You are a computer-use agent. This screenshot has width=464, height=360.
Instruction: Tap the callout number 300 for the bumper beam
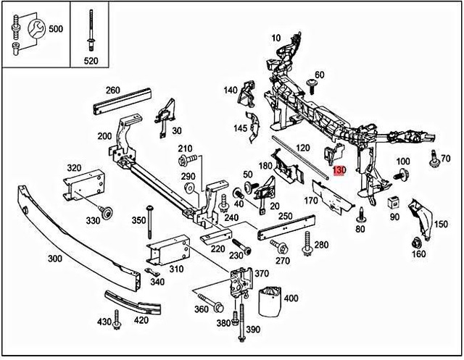point(54,258)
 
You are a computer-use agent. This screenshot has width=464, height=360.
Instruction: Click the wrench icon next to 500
point(35,29)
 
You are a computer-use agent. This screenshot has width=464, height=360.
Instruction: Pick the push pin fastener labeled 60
point(313,86)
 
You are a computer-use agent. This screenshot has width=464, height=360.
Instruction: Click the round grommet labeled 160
point(418,242)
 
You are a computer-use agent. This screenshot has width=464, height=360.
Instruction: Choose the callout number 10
point(275,37)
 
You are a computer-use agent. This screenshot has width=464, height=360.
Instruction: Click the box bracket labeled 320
point(86,185)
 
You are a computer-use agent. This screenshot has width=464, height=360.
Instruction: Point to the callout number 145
point(241,128)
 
